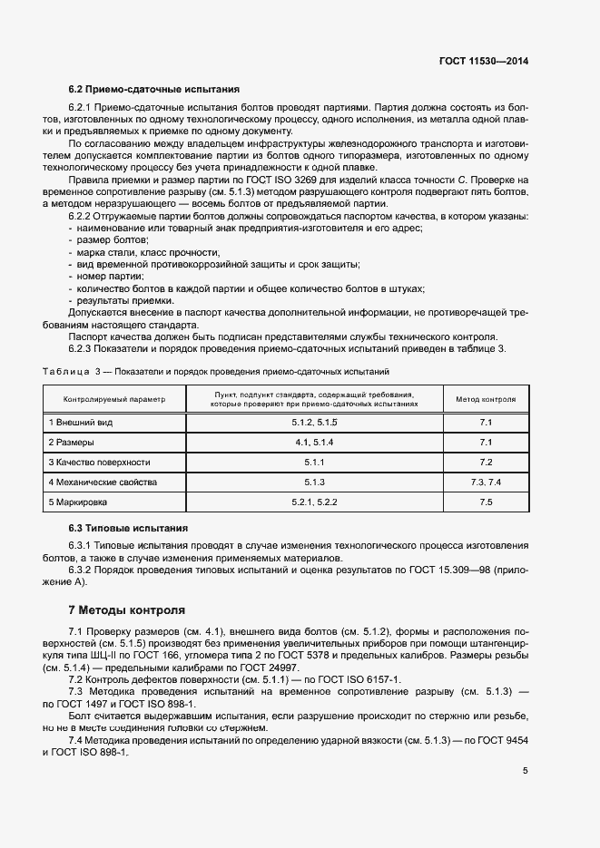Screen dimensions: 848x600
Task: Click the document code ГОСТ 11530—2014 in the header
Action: pyautogui.click(x=483, y=61)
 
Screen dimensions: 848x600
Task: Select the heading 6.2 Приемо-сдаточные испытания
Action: pyautogui.click(x=154, y=90)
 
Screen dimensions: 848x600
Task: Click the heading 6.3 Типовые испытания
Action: pyautogui.click(x=128, y=528)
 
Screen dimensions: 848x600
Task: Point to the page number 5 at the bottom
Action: pyautogui.click(x=526, y=771)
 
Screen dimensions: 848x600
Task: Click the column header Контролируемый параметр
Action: pyautogui.click(x=114, y=399)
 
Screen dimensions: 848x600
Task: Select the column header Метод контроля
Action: pyautogui.click(x=486, y=399)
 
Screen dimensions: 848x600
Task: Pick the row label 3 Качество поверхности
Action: pyautogui.click(x=99, y=462)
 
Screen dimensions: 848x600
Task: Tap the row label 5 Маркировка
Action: pyautogui.click(x=77, y=502)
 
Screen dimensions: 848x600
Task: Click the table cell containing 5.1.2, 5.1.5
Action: pyautogui.click(x=314, y=423)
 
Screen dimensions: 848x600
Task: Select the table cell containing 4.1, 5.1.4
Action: pyautogui.click(x=314, y=443)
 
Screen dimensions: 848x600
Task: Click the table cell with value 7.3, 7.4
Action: pyautogui.click(x=486, y=482)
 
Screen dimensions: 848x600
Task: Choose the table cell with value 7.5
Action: pyautogui.click(x=486, y=502)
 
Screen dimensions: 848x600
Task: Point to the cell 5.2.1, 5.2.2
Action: pyautogui.click(x=314, y=502)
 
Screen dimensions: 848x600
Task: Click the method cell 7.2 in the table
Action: pyautogui.click(x=486, y=462)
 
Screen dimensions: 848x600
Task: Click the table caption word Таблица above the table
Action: pyautogui.click(x=66, y=372)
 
